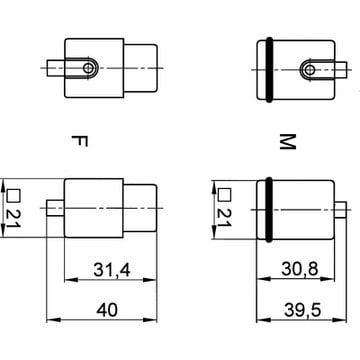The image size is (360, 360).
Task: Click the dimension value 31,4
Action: [x=112, y=270]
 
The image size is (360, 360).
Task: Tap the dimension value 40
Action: [x=107, y=310]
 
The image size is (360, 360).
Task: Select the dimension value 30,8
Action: [x=300, y=269]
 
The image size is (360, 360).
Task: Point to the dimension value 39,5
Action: [x=302, y=310]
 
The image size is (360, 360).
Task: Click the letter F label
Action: [x=80, y=141]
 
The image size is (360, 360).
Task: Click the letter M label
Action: [x=287, y=142]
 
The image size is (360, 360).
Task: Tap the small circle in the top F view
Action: [x=88, y=68]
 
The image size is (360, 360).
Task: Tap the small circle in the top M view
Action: [x=310, y=70]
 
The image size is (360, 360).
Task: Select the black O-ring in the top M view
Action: [x=269, y=70]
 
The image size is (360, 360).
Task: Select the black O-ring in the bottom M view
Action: [x=269, y=209]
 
